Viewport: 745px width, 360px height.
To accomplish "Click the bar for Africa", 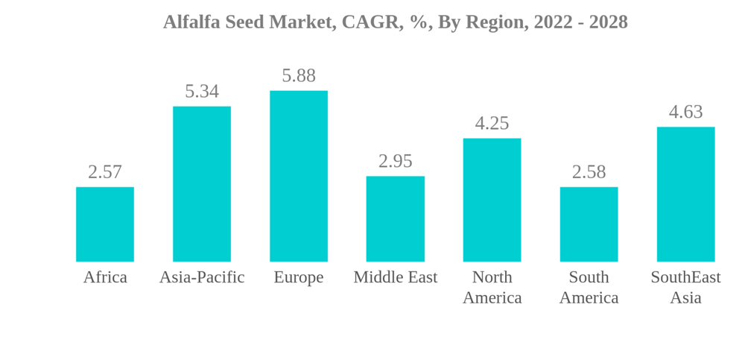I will tap(105, 224).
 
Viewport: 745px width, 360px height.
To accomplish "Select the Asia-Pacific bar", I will tap(202, 184).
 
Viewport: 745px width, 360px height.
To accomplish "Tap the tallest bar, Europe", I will tap(299, 176).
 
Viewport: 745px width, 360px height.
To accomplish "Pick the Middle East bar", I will tap(396, 219).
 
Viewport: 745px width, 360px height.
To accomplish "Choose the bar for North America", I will tap(492, 200).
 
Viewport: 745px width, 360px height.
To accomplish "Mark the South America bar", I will tap(589, 224).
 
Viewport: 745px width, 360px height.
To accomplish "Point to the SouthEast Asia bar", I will tap(685, 195).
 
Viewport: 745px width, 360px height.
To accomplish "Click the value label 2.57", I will tap(105, 172).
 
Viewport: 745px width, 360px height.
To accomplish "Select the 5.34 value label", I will tap(202, 92).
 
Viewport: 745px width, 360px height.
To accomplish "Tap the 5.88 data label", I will tap(299, 76).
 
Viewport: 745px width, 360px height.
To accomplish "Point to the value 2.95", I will tap(396, 161).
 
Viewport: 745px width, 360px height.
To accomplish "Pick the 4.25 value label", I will tap(492, 124).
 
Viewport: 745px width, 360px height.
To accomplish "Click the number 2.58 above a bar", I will tap(589, 172).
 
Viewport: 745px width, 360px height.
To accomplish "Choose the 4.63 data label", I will tap(685, 112).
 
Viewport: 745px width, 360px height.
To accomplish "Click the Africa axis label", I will tap(105, 277).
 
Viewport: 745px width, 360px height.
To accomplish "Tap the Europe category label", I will tap(299, 277).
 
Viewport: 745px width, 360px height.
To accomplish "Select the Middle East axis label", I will tap(396, 277).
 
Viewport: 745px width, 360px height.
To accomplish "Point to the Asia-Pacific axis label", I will tap(202, 277).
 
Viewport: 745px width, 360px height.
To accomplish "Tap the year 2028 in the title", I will tap(608, 22).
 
